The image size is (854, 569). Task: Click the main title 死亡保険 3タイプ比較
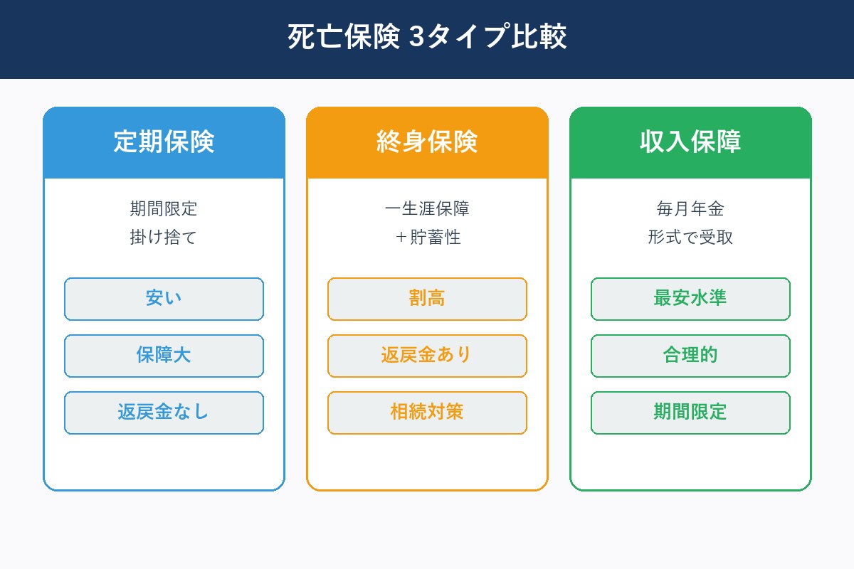click(427, 38)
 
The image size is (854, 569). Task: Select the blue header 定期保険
click(164, 142)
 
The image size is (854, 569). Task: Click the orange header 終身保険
click(427, 142)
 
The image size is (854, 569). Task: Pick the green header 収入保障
click(690, 142)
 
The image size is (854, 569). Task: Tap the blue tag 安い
click(164, 299)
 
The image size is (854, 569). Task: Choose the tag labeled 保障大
click(164, 356)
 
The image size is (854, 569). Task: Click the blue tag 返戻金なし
click(164, 413)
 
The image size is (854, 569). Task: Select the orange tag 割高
click(427, 299)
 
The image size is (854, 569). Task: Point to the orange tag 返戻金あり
click(427, 356)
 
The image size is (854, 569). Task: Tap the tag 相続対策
click(427, 413)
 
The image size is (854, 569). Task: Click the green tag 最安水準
click(690, 299)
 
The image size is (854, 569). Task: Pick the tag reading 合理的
click(690, 356)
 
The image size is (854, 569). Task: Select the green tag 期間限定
click(690, 413)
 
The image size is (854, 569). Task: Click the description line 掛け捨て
click(164, 238)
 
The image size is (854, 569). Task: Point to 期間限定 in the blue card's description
click(164, 209)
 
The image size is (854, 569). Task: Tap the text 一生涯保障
click(427, 209)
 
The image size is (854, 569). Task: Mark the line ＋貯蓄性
click(427, 238)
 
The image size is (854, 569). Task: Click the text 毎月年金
click(690, 209)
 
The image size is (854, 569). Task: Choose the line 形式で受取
click(690, 238)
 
